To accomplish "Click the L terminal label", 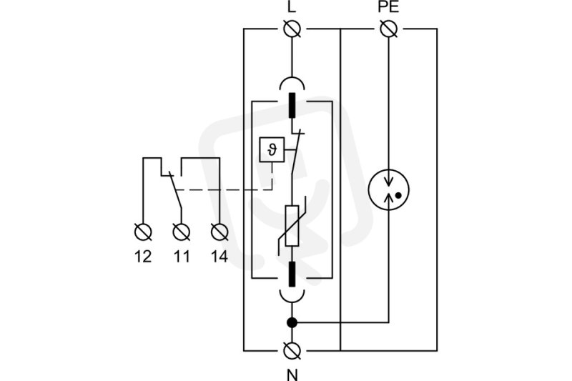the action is coord(292,7).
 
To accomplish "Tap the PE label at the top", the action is coord(388,7).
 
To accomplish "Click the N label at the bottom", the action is coord(292,375).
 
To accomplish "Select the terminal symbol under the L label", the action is coord(292,29).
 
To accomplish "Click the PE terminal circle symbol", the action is coord(388,29).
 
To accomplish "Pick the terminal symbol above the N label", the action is coord(292,351).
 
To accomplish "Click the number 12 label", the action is coord(143,257).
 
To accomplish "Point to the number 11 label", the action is coord(182,257).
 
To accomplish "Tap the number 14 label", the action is coord(220,257).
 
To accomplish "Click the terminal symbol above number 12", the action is coord(143,232).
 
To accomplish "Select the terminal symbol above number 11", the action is coord(182,232).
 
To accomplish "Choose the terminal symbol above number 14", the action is coord(220,232).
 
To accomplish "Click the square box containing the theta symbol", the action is coord(272,149).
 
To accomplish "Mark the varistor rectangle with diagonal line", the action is coord(292,226).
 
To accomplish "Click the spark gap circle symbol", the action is coord(388,189).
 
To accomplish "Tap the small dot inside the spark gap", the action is coord(398,195).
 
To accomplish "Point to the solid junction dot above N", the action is coord(292,322).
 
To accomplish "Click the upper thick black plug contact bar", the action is coord(292,105).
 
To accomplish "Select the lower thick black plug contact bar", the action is coord(292,274).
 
